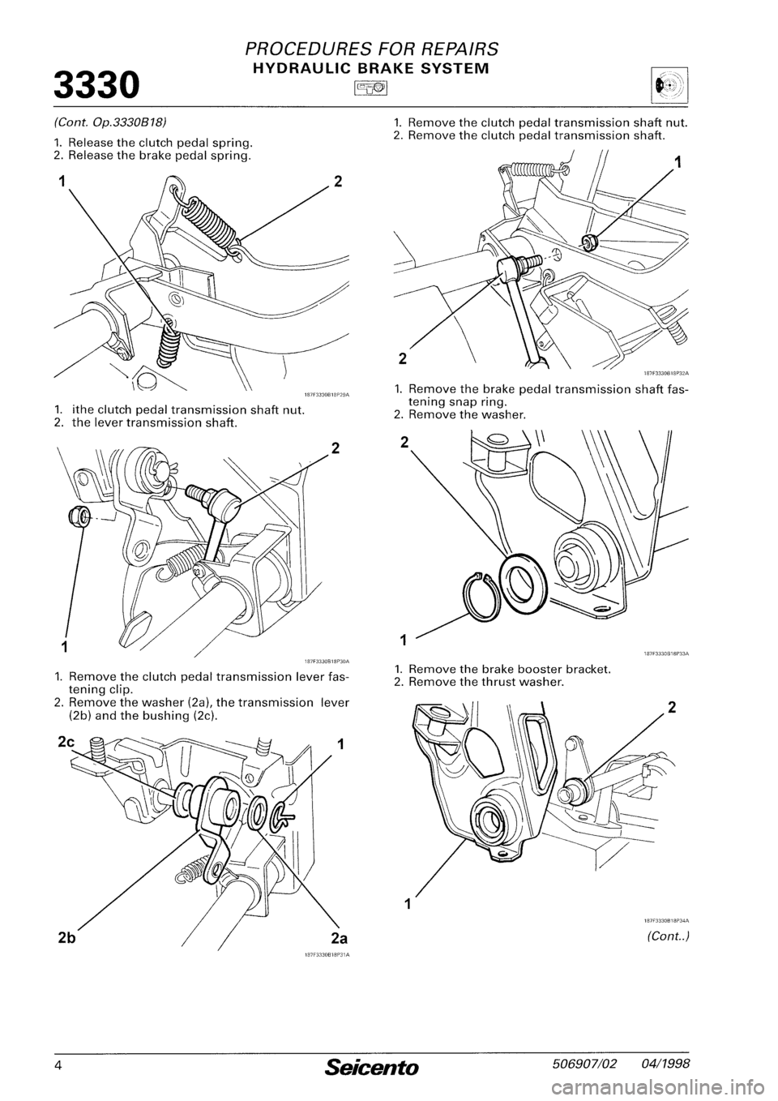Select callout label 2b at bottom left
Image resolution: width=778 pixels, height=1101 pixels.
pyautogui.click(x=69, y=938)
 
